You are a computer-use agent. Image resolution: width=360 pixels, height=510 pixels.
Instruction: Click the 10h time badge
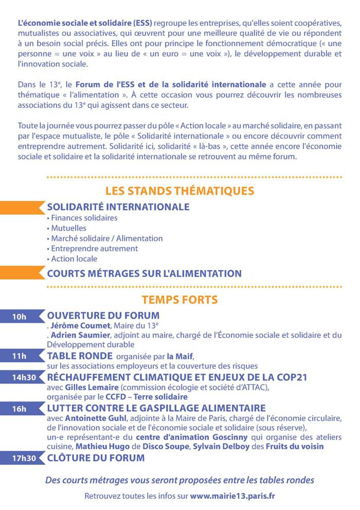(x=19, y=316)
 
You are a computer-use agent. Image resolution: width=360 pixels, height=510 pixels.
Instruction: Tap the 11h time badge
(x=19, y=356)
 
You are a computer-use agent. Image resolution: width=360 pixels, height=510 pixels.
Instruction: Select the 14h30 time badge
(x=23, y=377)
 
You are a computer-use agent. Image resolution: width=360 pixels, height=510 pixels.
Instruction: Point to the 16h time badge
(x=19, y=409)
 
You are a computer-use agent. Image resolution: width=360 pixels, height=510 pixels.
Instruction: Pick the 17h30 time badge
(x=23, y=458)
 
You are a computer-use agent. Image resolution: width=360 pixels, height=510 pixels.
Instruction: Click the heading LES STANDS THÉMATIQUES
(x=179, y=191)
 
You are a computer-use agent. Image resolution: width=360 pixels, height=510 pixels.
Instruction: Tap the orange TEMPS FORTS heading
(x=179, y=299)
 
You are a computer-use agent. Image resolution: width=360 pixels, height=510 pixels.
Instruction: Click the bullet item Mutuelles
(x=68, y=228)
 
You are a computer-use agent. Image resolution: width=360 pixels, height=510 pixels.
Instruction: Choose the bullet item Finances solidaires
(x=84, y=218)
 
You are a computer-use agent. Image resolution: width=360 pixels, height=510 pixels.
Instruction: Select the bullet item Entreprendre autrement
(x=94, y=249)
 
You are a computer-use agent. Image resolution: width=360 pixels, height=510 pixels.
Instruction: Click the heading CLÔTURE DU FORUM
(x=96, y=457)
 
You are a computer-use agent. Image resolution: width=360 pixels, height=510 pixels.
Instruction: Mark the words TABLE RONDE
(x=80, y=356)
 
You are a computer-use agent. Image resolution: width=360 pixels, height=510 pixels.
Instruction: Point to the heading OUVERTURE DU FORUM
(x=103, y=315)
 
